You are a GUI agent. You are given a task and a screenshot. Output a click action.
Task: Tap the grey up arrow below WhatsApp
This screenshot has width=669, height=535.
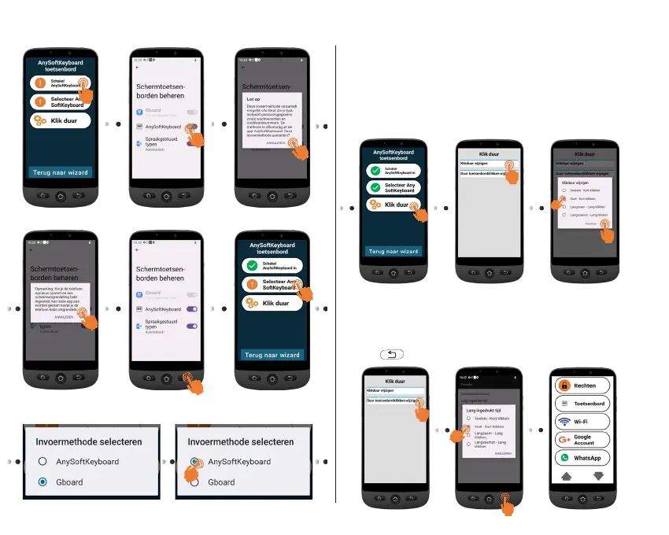[x=565, y=477]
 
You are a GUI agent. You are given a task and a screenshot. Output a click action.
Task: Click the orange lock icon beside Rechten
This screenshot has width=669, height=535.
[x=564, y=386]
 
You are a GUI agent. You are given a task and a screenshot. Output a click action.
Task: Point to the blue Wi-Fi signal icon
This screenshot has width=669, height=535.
[x=564, y=422]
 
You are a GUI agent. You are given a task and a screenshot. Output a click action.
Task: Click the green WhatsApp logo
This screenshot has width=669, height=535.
[x=564, y=458]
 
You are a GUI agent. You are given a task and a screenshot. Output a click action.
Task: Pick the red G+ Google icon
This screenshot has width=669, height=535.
[x=564, y=440]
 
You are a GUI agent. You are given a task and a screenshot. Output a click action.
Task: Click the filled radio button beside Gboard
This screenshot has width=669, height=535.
[x=43, y=481]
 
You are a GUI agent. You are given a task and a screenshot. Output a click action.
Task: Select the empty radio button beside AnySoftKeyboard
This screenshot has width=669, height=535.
[x=43, y=462]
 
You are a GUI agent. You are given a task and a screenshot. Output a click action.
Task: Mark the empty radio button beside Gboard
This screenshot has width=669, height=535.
[x=194, y=482]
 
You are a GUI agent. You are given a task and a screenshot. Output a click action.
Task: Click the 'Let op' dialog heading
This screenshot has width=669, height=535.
[x=253, y=100]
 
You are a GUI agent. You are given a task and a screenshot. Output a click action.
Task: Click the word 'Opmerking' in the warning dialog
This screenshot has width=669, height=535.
[x=43, y=289]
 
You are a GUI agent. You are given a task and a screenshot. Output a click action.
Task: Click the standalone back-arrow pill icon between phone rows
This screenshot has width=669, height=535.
[x=391, y=355]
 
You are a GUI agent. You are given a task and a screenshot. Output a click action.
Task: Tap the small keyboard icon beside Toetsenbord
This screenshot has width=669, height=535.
[x=564, y=404]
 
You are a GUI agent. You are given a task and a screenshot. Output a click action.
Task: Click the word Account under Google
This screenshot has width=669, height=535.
[x=584, y=444]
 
